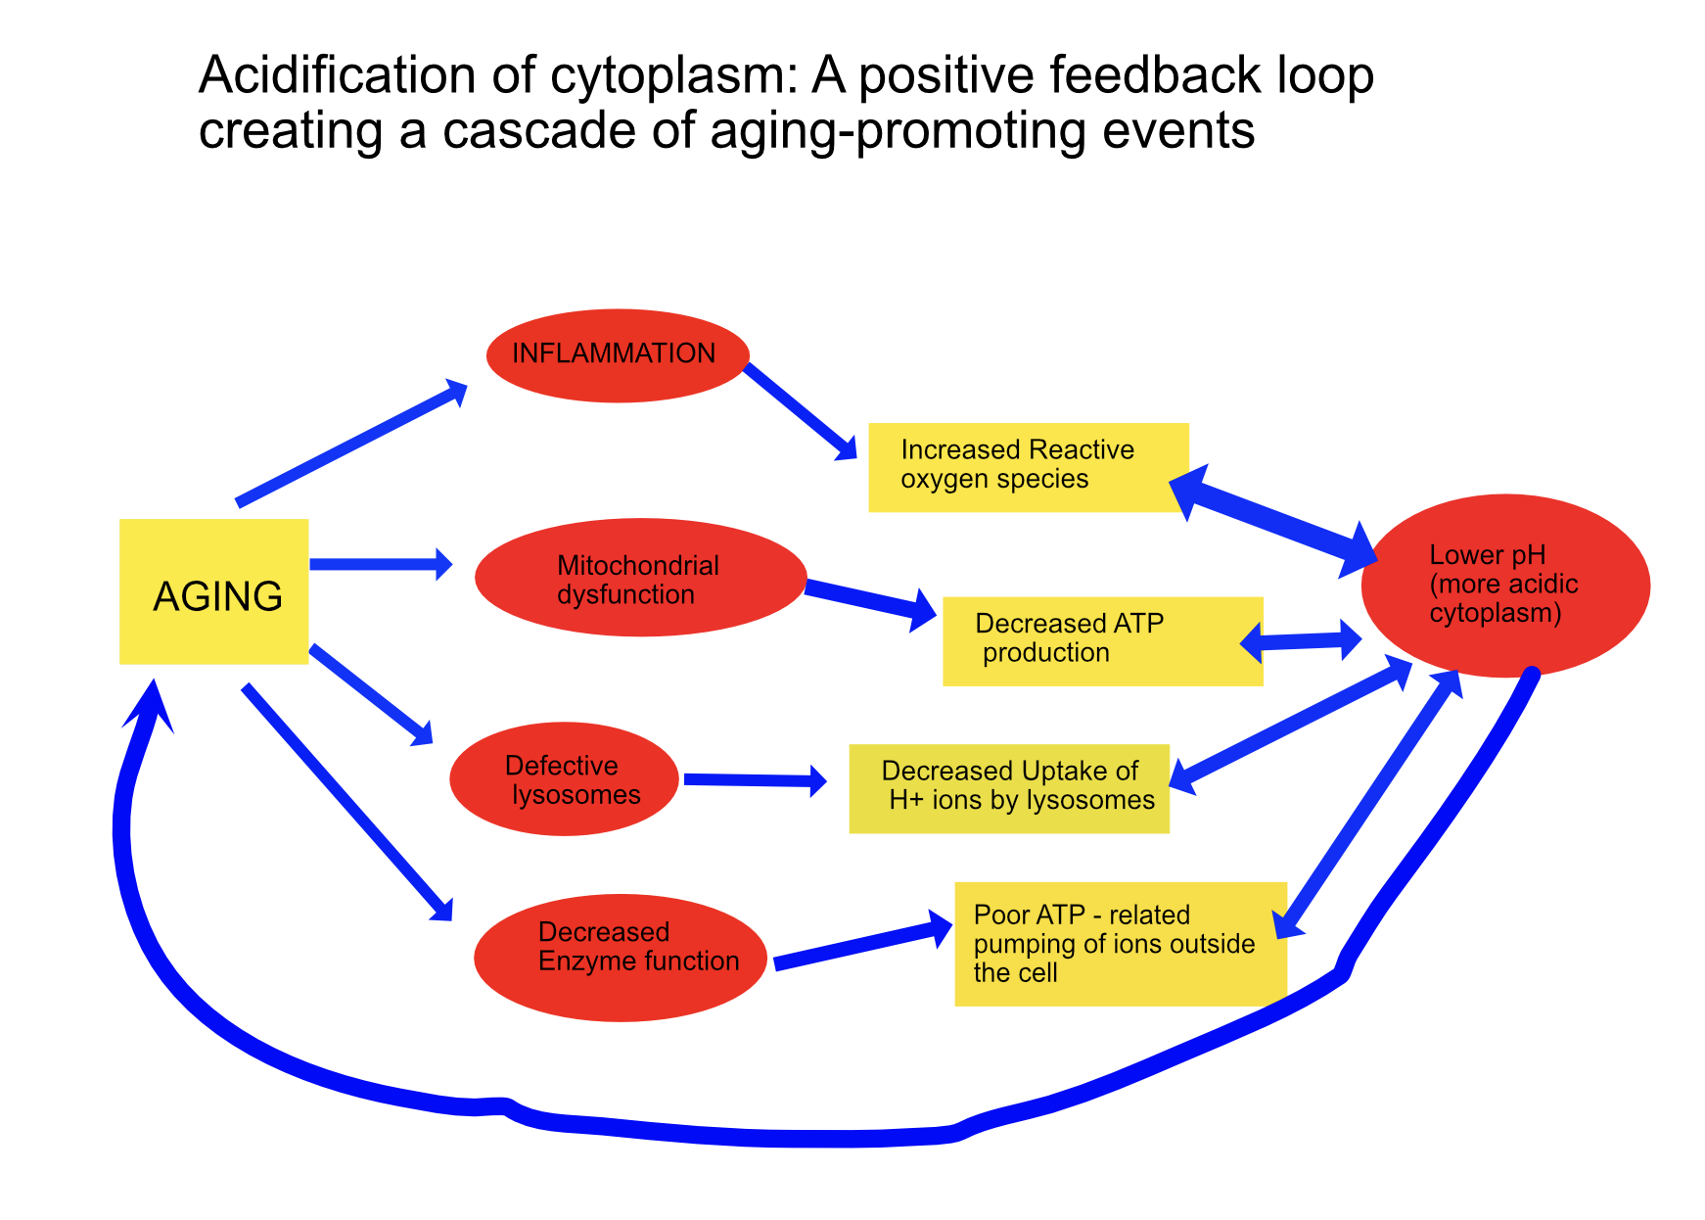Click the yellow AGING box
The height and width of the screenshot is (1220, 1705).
pos(213,591)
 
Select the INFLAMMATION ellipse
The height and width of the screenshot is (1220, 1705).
pos(618,355)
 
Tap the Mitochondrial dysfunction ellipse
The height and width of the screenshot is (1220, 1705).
pos(640,578)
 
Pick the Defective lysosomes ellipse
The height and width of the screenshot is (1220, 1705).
pos(564,779)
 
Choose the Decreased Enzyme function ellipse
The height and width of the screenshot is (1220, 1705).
pos(621,957)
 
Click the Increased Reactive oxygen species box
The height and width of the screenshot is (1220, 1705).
pos(1028,467)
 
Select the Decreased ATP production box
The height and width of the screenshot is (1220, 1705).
pos(1102,641)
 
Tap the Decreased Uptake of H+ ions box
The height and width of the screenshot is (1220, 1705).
pos(1008,788)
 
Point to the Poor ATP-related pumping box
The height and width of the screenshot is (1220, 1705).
pos(1120,944)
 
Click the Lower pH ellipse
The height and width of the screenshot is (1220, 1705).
pos(1504,585)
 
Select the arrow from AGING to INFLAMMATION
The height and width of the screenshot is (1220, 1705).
pos(350,445)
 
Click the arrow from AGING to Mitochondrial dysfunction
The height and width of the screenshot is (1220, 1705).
pos(380,564)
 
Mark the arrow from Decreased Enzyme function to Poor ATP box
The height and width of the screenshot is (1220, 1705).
pos(861,944)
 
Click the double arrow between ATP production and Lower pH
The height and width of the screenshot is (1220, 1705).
pos(1301,642)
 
